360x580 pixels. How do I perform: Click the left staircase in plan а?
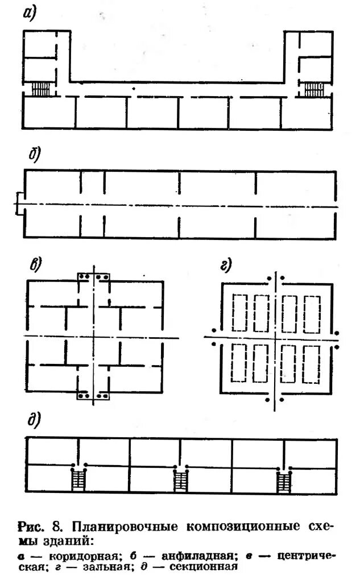(42, 89)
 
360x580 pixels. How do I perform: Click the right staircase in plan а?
(313, 89)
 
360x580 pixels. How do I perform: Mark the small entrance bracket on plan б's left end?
(19, 204)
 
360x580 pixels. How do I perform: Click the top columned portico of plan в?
(94, 276)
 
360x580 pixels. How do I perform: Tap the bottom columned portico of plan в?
(94, 395)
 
